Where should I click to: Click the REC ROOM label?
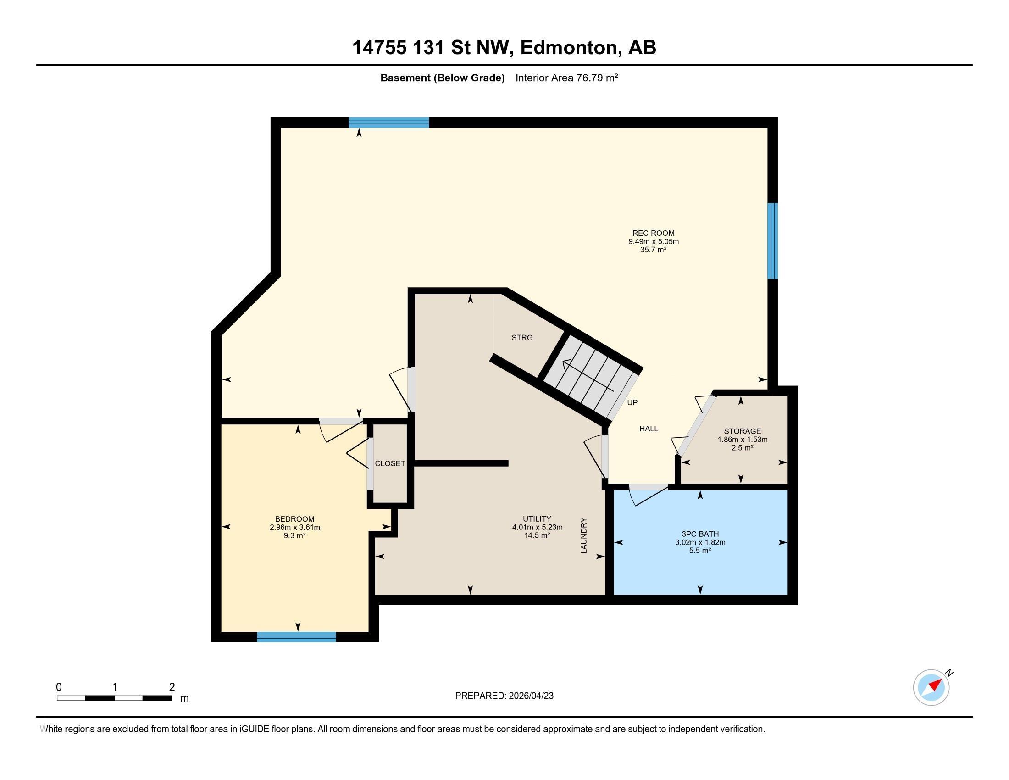click(x=653, y=234)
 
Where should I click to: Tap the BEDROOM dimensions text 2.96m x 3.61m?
click(x=295, y=527)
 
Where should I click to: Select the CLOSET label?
click(x=390, y=463)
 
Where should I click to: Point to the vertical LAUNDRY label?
click(x=583, y=535)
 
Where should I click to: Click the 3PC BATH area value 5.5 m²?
click(x=699, y=551)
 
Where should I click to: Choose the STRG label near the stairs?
click(x=522, y=338)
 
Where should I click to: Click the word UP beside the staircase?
click(x=632, y=402)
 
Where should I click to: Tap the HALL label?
click(x=649, y=429)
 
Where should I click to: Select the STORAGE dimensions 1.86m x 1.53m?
click(x=742, y=440)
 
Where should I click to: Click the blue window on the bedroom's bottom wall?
click(x=296, y=637)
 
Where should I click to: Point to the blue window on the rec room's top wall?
click(x=388, y=123)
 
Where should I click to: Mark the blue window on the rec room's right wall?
click(x=772, y=241)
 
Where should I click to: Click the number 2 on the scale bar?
click(x=172, y=687)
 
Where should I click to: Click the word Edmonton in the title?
click(x=569, y=48)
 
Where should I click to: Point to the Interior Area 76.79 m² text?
click(x=566, y=78)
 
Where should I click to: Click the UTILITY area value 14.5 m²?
click(x=537, y=535)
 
